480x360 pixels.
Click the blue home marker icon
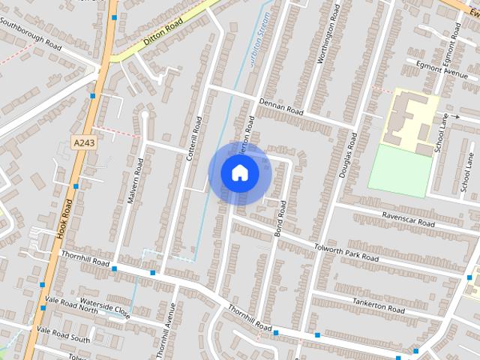pos(239,172)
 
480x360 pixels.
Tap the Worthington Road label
pos(324,37)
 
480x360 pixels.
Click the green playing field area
pos(400,171)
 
